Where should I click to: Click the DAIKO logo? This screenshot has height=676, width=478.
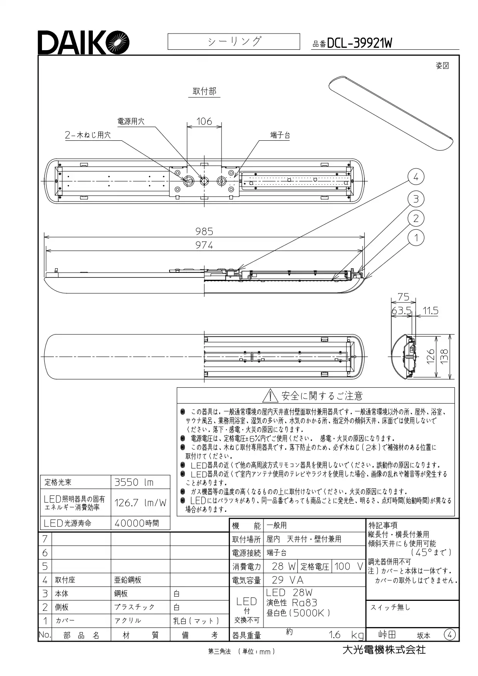(83, 42)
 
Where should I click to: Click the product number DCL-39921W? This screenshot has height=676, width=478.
(359, 43)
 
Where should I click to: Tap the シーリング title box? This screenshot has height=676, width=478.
(234, 42)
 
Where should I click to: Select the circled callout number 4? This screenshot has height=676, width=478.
(416, 177)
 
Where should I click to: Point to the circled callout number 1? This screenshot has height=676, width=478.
(416, 238)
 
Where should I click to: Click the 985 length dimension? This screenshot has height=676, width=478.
(204, 231)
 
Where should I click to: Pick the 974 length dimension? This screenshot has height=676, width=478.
(204, 245)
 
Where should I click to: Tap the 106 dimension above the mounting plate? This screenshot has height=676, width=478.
(204, 121)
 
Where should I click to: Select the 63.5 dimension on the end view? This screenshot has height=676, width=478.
(402, 311)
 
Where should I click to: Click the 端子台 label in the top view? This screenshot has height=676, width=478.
(280, 135)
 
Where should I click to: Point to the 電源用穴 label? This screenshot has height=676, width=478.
(131, 121)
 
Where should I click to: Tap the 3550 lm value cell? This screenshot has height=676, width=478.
(140, 482)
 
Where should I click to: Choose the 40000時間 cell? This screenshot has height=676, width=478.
(140, 523)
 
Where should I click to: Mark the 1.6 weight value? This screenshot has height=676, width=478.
(335, 635)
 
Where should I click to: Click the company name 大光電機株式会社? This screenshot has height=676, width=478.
(384, 649)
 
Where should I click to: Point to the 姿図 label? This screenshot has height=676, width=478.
(443, 66)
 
